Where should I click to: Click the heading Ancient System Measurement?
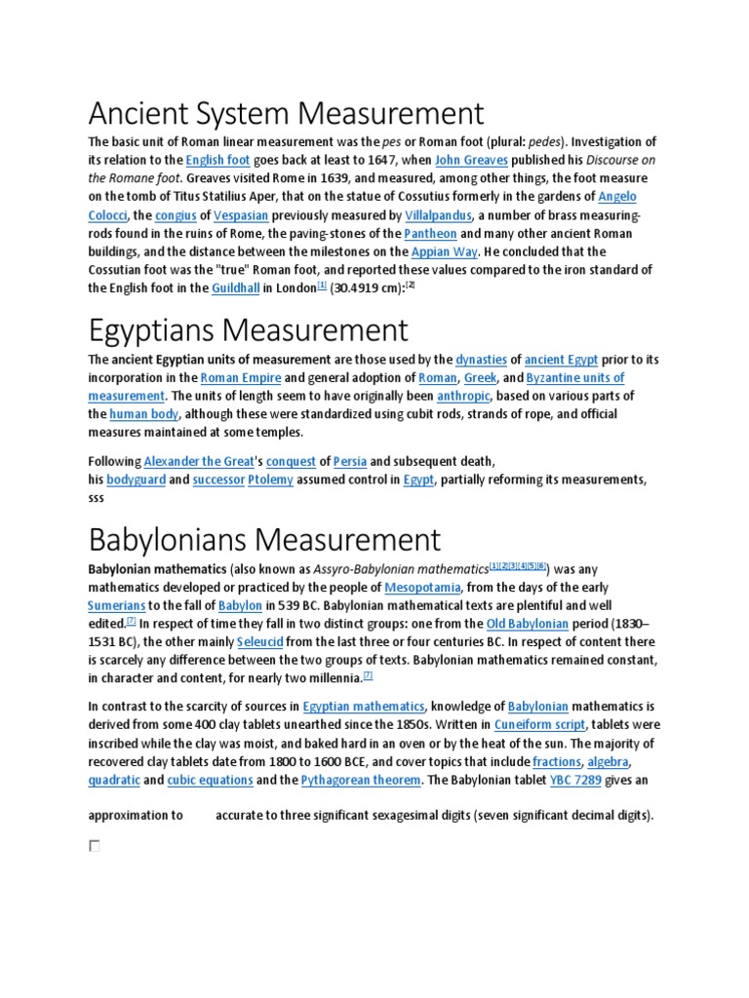[286, 113]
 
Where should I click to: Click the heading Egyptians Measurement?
[248, 329]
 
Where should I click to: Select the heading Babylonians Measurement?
[264, 539]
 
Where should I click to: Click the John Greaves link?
[467, 160]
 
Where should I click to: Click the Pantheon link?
[429, 234]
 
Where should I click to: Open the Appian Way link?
[444, 251]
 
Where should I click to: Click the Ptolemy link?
[270, 480]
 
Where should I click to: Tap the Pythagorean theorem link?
[361, 780]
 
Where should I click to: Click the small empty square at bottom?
[95, 846]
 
